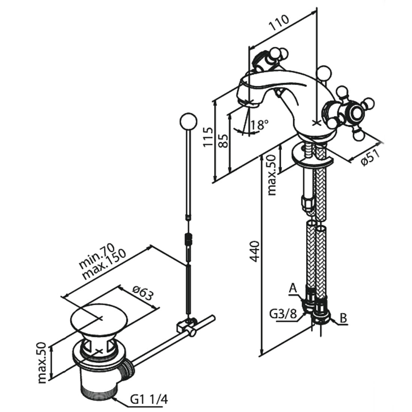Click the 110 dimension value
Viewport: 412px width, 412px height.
[280, 24]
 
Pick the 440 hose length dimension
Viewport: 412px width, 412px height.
[254, 252]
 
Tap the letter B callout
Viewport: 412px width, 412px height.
[343, 318]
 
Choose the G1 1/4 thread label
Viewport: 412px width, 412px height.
[149, 400]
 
